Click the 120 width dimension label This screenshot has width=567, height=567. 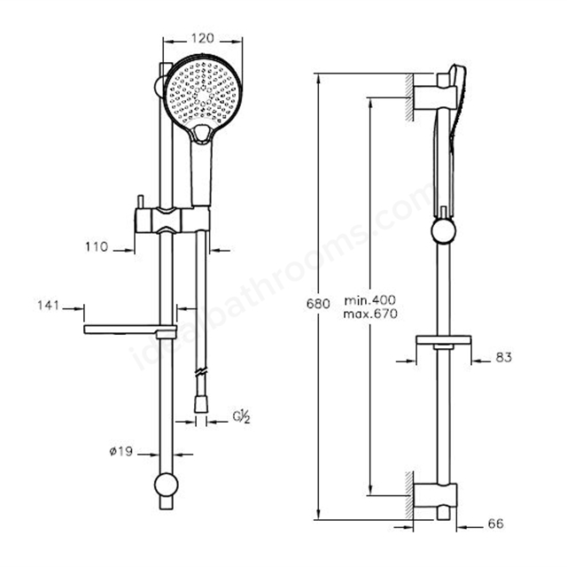(203, 38)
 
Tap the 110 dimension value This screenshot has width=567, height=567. (97, 247)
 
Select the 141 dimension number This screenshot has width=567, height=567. (48, 306)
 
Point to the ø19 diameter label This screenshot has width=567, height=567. (121, 451)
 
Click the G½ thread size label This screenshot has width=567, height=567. (241, 417)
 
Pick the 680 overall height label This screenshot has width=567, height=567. (318, 304)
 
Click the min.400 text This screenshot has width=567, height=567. (370, 300)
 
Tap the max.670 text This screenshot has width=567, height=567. (370, 314)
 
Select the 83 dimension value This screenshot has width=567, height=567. (504, 358)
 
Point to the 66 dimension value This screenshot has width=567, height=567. (496, 524)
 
